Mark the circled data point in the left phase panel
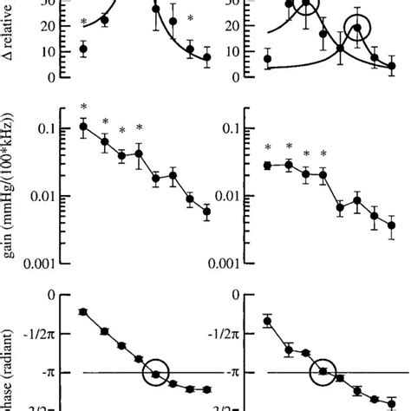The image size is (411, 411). pyautogui.click(x=157, y=374)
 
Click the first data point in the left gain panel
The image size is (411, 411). pyautogui.click(x=83, y=127)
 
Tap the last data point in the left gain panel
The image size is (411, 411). pyautogui.click(x=206, y=211)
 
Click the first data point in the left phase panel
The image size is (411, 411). pyautogui.click(x=83, y=311)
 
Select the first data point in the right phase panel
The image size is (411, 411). pyautogui.click(x=267, y=321)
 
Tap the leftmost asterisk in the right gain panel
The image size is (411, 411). pyautogui.click(x=268, y=147)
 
